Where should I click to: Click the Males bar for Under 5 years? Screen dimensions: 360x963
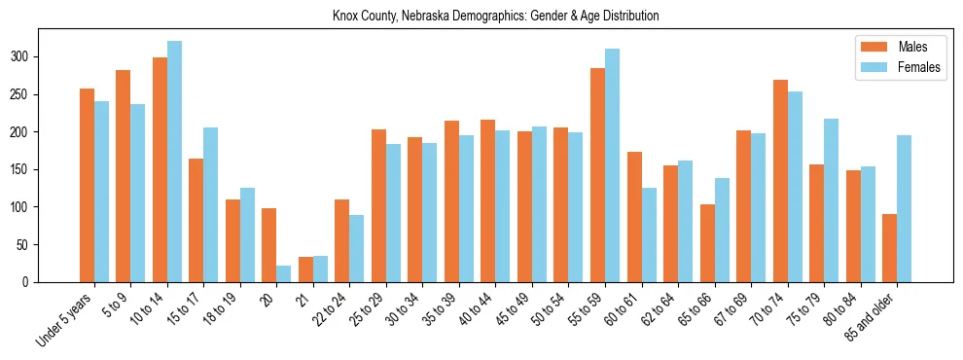point(87,185)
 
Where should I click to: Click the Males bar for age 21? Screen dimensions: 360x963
point(305,270)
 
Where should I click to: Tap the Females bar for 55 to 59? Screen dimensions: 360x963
point(612,165)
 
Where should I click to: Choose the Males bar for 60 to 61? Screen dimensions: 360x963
point(634,217)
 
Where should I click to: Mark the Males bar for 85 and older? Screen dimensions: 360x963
point(889,248)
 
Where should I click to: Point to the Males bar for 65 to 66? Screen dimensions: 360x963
point(707,243)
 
